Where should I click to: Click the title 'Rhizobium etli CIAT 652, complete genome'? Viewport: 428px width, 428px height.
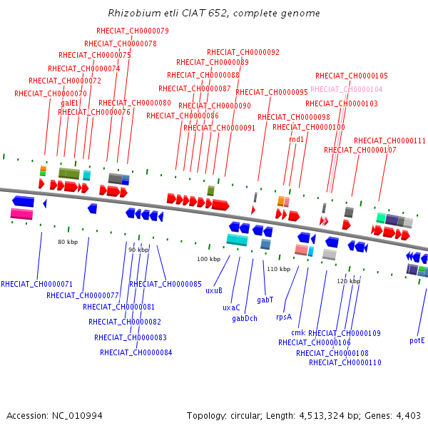click(x=214, y=14)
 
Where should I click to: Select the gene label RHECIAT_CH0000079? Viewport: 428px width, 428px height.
click(x=133, y=31)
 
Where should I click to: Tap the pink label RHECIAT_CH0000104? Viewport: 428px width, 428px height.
click(x=347, y=89)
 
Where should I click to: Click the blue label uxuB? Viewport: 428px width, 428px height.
click(x=214, y=290)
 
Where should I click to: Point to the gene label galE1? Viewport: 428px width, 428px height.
click(x=69, y=103)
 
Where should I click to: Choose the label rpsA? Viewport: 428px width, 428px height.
click(x=284, y=317)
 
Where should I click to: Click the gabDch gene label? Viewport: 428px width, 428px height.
click(x=245, y=318)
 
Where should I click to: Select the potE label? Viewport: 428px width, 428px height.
click(x=417, y=340)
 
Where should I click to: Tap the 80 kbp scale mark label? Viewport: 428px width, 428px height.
click(x=68, y=243)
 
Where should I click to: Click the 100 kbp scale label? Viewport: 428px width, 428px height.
click(x=209, y=259)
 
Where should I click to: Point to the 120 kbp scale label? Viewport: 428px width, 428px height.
click(x=349, y=281)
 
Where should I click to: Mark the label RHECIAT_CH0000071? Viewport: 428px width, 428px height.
click(x=37, y=284)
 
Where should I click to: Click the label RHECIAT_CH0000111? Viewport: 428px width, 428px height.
click(x=389, y=141)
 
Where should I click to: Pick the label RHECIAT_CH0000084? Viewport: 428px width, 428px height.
click(x=136, y=352)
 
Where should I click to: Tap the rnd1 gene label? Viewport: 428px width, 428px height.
click(x=297, y=139)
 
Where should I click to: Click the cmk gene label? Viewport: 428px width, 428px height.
click(x=298, y=332)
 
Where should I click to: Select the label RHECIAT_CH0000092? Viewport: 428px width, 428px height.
click(x=243, y=52)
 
